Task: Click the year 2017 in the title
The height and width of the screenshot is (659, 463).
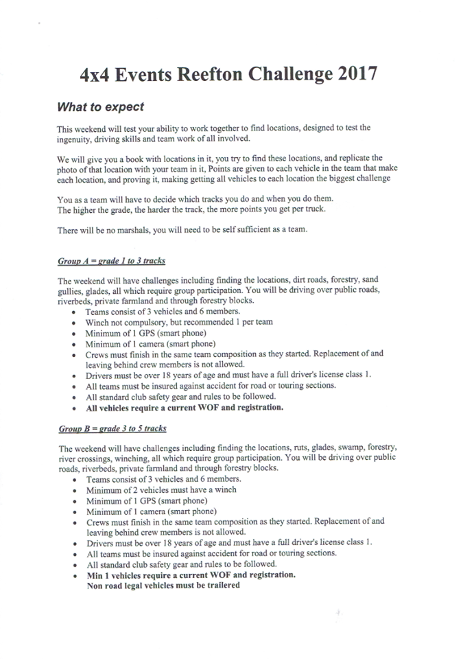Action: click(355, 74)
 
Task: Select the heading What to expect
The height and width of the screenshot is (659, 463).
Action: click(100, 107)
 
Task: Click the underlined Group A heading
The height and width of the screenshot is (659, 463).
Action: click(111, 262)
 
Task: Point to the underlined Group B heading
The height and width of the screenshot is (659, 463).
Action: click(112, 429)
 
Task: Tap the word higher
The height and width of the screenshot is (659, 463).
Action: click(88, 209)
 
